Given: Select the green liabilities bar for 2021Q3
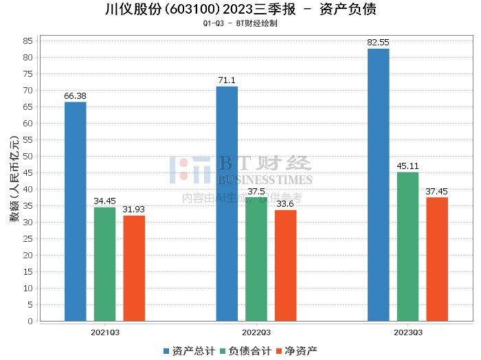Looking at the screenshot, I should [104, 264].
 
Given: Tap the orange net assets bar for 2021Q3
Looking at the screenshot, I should [134, 268].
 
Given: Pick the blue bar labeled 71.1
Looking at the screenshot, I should [227, 203].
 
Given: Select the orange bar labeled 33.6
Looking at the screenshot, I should [286, 265].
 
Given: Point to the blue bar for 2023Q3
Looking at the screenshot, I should [378, 185].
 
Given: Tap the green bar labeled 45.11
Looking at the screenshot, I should [407, 247].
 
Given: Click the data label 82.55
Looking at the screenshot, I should [378, 43].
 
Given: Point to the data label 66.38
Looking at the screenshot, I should [75, 96].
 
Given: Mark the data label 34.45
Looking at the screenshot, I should [104, 201].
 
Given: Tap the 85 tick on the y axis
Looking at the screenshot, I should [28, 41].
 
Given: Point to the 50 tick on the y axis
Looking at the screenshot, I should [28, 156].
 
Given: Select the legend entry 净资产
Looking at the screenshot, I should [296, 350].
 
